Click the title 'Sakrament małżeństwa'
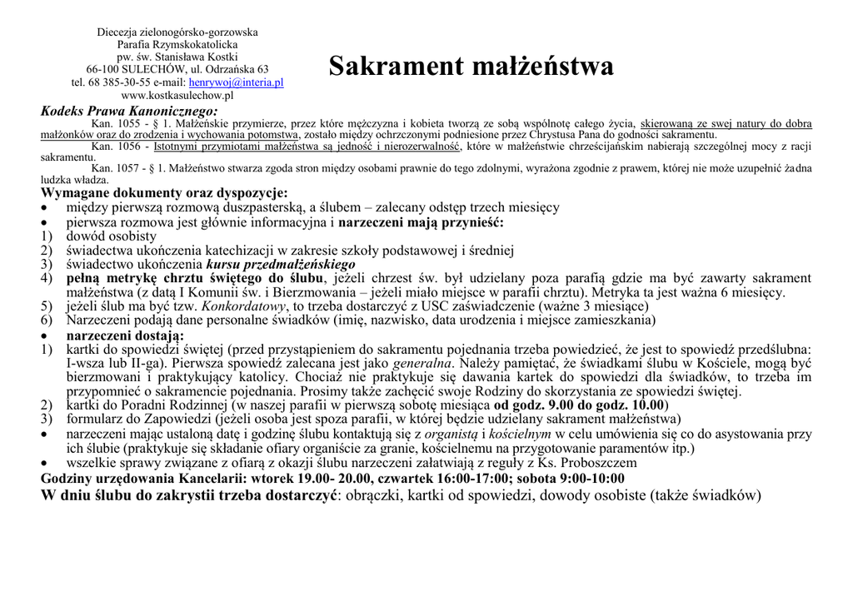point(471,66)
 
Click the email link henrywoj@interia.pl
point(236,82)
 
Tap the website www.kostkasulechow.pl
point(177,96)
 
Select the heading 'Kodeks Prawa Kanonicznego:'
point(129,111)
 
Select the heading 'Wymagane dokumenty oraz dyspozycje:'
point(164,193)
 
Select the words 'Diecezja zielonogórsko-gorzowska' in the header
point(177,32)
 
